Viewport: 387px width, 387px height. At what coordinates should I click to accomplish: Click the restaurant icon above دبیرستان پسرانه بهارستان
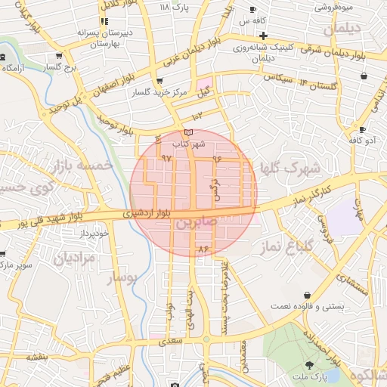pos(104,22)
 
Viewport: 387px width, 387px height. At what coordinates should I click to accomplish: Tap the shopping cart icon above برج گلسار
pos(58,57)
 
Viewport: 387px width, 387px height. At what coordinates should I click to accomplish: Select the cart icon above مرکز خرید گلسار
pos(158,82)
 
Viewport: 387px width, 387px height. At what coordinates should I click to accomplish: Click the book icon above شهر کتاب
pos(188,133)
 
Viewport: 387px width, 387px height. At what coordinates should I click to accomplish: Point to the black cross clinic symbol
pos(262,36)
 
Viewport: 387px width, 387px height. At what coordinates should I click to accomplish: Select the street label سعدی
pos(172,342)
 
